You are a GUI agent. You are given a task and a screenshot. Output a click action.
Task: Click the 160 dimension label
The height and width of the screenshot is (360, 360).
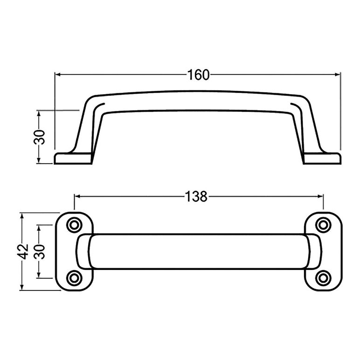pyautogui.click(x=199, y=75)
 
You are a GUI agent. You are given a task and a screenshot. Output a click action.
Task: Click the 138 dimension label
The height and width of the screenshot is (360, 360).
pyautogui.click(x=196, y=197)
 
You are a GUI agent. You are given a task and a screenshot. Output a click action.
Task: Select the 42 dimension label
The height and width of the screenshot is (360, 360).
pyautogui.click(x=23, y=252)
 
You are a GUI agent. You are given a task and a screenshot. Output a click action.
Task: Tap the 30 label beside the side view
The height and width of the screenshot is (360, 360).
pyautogui.click(x=40, y=137)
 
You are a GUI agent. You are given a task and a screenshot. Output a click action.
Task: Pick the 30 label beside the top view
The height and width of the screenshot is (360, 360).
pyautogui.click(x=40, y=252)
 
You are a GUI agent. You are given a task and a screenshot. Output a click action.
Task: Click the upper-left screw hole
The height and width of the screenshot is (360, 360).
pyautogui.click(x=74, y=225)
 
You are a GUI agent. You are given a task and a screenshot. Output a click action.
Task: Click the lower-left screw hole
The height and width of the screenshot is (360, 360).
pyautogui.click(x=74, y=278)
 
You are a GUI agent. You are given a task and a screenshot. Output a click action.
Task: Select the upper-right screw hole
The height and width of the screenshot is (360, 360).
pyautogui.click(x=323, y=225)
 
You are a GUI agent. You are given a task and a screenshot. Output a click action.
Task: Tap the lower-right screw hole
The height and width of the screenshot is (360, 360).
pyautogui.click(x=323, y=278)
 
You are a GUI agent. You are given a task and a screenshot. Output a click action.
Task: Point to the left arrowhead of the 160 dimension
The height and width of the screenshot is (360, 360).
pyautogui.click(x=58, y=75)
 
